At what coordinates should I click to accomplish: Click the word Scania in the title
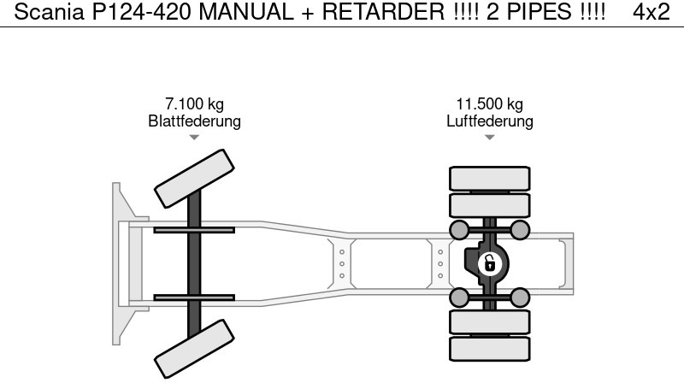(x=44, y=12)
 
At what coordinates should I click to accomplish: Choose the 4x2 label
(x=652, y=12)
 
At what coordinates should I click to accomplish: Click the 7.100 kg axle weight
(x=194, y=104)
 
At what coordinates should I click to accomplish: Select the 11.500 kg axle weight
(x=490, y=104)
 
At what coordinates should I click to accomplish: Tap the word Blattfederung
(x=194, y=121)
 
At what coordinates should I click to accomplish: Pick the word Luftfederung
(x=490, y=121)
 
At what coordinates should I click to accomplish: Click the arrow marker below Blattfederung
(x=194, y=137)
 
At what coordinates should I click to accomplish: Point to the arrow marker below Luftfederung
(x=490, y=137)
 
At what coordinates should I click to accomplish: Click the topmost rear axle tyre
(x=490, y=178)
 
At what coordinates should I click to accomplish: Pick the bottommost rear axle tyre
(x=490, y=349)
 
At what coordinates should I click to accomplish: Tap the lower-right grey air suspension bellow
(x=520, y=298)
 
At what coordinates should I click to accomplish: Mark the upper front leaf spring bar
(x=194, y=230)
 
